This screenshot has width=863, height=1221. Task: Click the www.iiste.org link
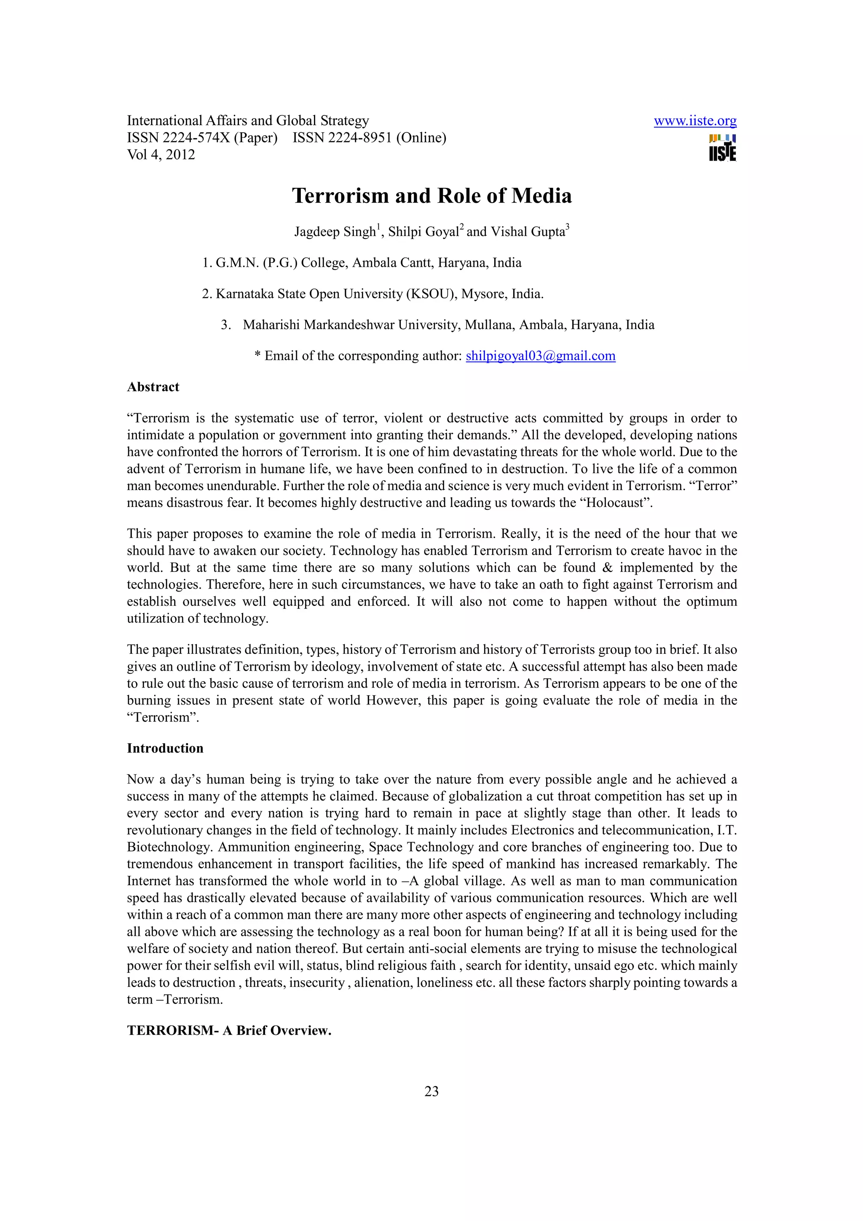click(x=694, y=121)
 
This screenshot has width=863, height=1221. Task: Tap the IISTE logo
click(x=722, y=148)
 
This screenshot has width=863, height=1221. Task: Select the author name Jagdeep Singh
click(x=335, y=232)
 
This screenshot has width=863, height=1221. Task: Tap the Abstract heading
click(x=153, y=387)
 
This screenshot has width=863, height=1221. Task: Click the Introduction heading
click(x=165, y=748)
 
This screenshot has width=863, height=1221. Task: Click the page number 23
click(x=431, y=1091)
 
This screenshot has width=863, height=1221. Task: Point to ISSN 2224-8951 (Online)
click(x=369, y=138)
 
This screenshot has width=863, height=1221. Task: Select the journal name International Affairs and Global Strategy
click(x=248, y=121)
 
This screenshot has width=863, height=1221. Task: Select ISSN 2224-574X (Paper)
click(x=202, y=138)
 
